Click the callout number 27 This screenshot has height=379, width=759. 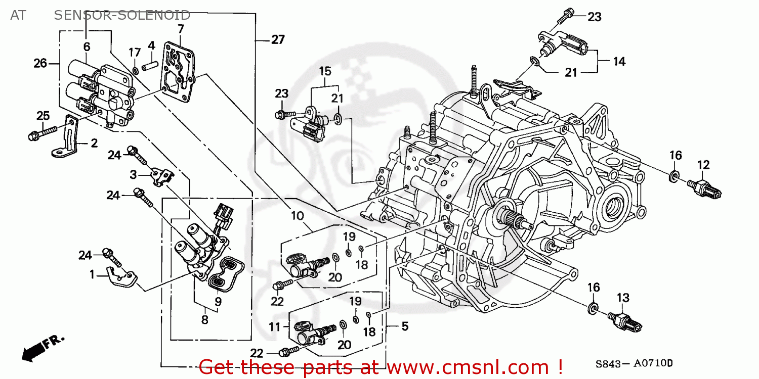pos(278,39)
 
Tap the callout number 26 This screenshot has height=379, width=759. pos(40,63)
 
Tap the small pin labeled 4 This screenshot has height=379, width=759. pos(151,65)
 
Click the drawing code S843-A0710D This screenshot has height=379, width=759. pos(635,363)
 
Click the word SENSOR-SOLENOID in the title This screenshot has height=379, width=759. pos(122,15)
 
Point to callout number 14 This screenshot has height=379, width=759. pos(619,62)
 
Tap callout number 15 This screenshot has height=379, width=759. pos(324,71)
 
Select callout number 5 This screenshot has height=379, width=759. pos(404,326)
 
